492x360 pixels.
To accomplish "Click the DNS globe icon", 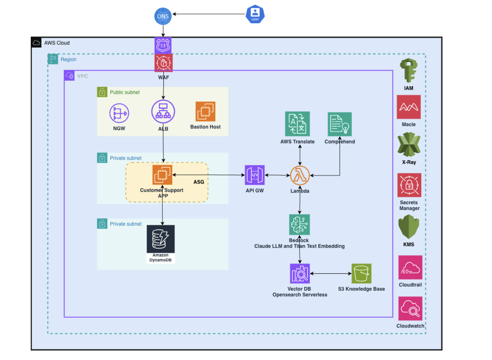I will click(x=163, y=16).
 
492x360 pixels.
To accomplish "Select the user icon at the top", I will click(x=255, y=14).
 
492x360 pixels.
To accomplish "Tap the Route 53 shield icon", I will click(x=163, y=45).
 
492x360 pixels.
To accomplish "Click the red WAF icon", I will click(x=163, y=63).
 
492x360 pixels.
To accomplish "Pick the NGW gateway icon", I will click(x=119, y=113).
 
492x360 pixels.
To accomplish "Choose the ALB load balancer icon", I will click(x=163, y=111).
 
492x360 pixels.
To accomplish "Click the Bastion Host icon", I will click(x=205, y=111).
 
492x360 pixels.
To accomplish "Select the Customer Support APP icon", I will click(x=162, y=175).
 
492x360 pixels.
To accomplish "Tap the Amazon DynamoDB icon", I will click(x=161, y=239).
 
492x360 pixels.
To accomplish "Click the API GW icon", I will click(x=255, y=175).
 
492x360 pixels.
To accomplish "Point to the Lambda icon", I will click(x=300, y=175).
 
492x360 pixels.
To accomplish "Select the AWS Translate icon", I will click(x=297, y=124).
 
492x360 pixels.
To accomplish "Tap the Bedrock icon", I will click(x=299, y=224).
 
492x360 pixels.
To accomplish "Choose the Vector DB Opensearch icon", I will click(x=300, y=274).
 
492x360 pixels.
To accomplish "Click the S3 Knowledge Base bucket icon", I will click(x=361, y=274).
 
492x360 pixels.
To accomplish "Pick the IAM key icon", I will click(x=409, y=70).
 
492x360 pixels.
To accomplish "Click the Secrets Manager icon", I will click(x=409, y=185).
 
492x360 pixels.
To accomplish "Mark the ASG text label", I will click(x=199, y=182).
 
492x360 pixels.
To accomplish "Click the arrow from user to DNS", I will click(x=209, y=14).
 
